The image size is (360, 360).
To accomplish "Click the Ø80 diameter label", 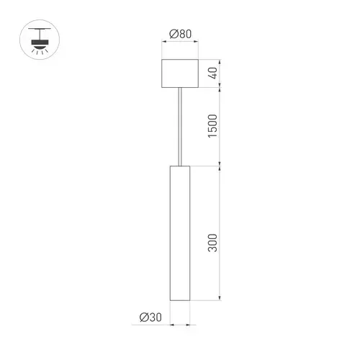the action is click(x=180, y=34).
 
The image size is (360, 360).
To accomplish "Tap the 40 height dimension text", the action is click(x=212, y=73).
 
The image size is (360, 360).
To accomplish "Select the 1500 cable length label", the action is click(x=212, y=126).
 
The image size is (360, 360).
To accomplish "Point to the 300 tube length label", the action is click(x=212, y=243).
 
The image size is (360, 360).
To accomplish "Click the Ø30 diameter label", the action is click(x=150, y=318).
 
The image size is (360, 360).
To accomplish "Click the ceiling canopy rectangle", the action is click(x=180, y=73).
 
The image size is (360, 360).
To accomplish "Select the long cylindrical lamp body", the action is click(x=180, y=233).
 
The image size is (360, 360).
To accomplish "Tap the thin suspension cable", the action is click(x=180, y=127).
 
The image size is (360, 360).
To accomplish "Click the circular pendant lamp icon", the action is click(x=40, y=40).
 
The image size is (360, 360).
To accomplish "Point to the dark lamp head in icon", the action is click(x=40, y=42).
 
